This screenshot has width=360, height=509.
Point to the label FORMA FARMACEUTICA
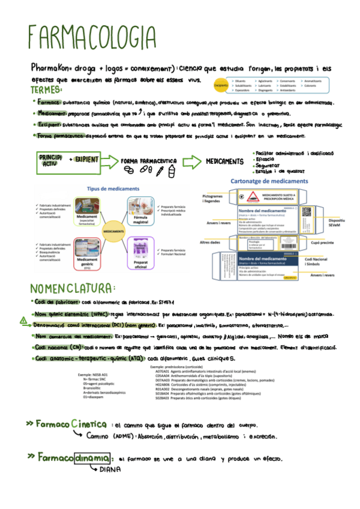[148, 161]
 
